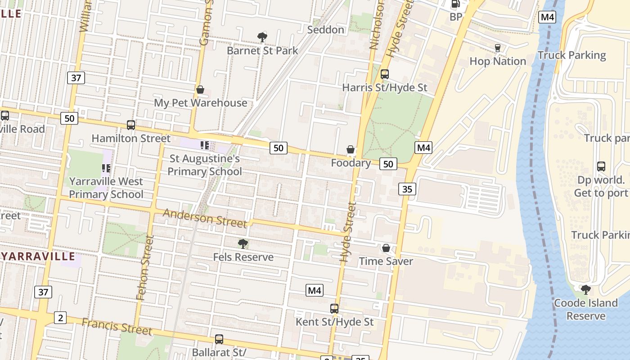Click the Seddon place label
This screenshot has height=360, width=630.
pyautogui.click(x=325, y=30)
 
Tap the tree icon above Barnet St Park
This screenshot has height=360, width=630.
pyautogui.click(x=262, y=37)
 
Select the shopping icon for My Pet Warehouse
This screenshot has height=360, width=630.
pyautogui.click(x=200, y=90)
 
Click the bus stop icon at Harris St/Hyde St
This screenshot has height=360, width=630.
pyautogui.click(x=385, y=74)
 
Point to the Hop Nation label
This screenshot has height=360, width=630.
pyautogui.click(x=498, y=61)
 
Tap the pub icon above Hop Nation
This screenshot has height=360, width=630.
pyautogui.click(x=498, y=48)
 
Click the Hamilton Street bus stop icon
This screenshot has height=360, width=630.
pyautogui.click(x=131, y=125)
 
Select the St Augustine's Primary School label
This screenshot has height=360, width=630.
pyautogui.click(x=205, y=165)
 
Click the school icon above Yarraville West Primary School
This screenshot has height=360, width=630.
pyautogui.click(x=106, y=168)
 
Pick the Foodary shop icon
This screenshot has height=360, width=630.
pyautogui.click(x=351, y=149)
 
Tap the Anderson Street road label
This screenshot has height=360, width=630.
pyautogui.click(x=205, y=218)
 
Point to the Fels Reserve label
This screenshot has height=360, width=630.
pyautogui.click(x=243, y=257)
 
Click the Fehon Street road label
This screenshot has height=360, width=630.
pyautogui.click(x=144, y=268)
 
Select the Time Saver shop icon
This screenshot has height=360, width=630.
pyautogui.click(x=386, y=248)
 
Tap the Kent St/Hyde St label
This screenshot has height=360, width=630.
pyautogui.click(x=334, y=322)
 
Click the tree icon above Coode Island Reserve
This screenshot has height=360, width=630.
pyautogui.click(x=585, y=289)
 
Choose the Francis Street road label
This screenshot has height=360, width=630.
pyautogui.click(x=117, y=326)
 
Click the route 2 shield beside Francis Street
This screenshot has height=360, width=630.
pyautogui.click(x=60, y=318)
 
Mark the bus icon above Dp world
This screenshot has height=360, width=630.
pyautogui.click(x=601, y=166)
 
